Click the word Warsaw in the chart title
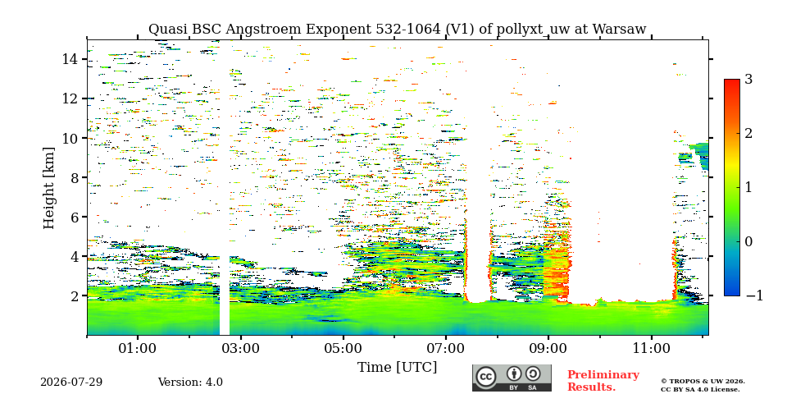[x=619, y=30]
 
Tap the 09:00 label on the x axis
[x=548, y=348]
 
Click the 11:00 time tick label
[x=652, y=348]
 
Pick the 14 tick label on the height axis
[x=71, y=59]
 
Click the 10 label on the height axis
[x=71, y=138]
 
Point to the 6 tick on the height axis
[x=75, y=217]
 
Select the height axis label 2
[x=75, y=296]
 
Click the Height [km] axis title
[x=48, y=188]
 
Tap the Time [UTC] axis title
[x=397, y=368]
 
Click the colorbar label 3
[x=748, y=79]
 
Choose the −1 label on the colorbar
[x=754, y=295]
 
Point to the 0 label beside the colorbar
[x=748, y=241]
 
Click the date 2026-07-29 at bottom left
[x=71, y=383]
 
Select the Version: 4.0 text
[x=190, y=383]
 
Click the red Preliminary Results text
[x=603, y=381]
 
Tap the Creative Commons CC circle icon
[x=486, y=378]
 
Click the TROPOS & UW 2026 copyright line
[x=703, y=382]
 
